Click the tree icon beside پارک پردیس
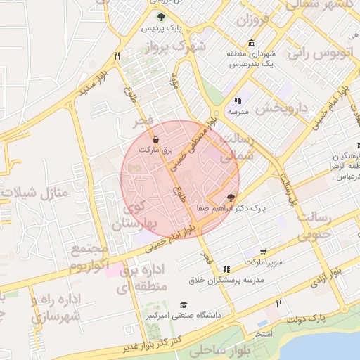(162, 18)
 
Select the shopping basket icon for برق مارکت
(155, 140)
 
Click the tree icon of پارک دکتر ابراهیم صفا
(231, 198)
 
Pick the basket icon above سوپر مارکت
(263, 251)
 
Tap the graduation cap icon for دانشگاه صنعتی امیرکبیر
(184, 304)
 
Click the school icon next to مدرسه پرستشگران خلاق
(226, 269)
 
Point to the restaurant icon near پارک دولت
(279, 303)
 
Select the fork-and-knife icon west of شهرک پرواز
(117, 55)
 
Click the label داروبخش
(282, 109)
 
